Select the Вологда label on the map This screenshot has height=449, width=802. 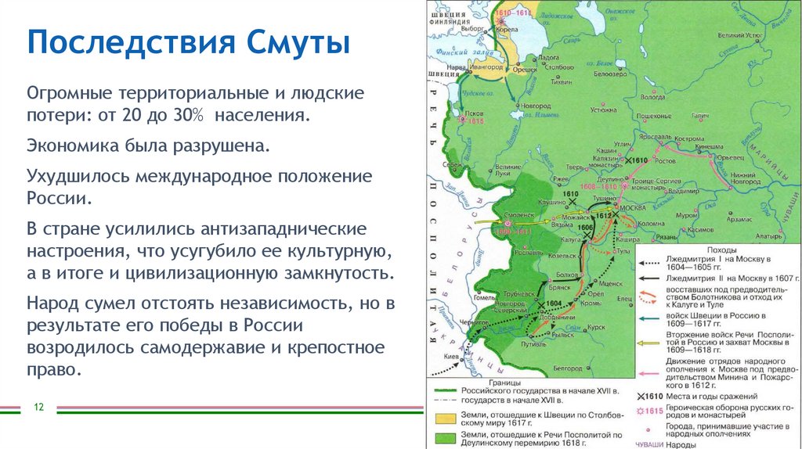[x=652, y=98]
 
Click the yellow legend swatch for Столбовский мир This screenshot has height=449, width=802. [x=445, y=418]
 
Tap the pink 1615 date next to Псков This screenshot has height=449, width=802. [x=476, y=122]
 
